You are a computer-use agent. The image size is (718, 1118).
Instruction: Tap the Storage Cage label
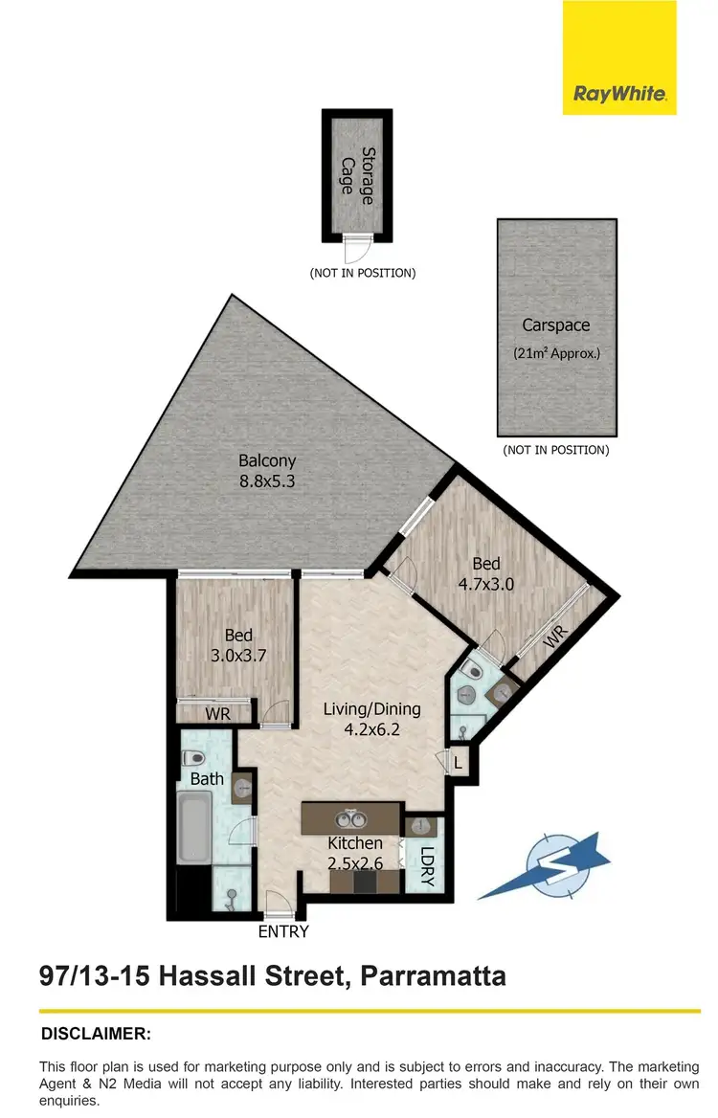coord(355,175)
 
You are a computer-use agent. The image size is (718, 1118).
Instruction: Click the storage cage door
coord(356,248)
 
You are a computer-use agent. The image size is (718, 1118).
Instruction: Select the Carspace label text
coord(555,325)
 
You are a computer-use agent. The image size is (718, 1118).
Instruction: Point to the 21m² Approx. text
coord(555,352)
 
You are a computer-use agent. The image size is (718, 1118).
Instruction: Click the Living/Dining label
coord(371,709)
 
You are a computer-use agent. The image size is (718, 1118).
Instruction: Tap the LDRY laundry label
coord(426,866)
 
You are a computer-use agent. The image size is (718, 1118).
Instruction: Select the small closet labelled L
coord(459,763)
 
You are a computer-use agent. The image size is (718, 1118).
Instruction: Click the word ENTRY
coord(283,931)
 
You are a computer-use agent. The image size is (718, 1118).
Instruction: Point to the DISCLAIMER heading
coord(96,1034)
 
